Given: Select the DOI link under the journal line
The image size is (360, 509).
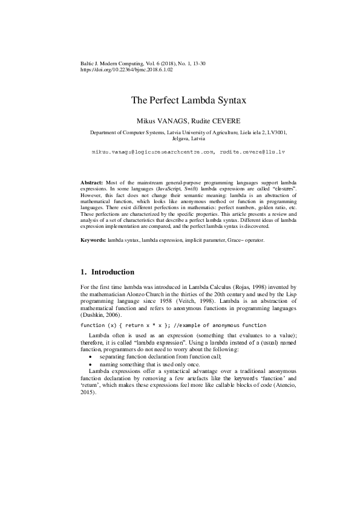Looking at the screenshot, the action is (126, 70).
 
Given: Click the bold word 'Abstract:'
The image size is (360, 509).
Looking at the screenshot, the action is (93, 182).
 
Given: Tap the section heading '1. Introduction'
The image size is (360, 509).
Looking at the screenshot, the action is (108, 272).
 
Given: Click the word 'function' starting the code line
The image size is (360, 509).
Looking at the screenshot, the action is (93, 325).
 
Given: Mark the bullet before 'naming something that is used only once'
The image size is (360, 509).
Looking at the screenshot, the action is (91, 366).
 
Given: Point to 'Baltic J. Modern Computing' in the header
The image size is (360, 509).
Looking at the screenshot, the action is (114, 63).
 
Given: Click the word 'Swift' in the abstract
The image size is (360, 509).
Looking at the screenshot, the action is (166, 189).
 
